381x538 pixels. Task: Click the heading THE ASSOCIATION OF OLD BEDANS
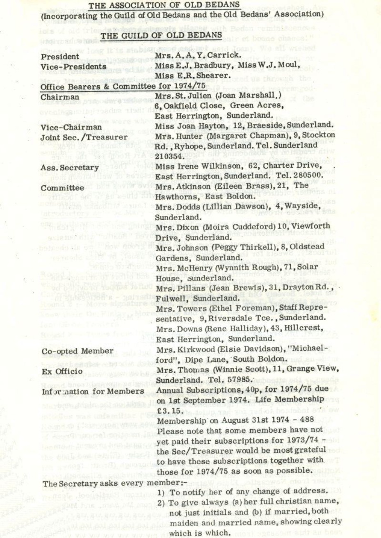(x=164, y=5)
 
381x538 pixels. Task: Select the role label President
(x=60, y=57)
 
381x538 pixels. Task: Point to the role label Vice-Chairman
(x=71, y=127)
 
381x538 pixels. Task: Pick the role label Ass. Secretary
(x=70, y=167)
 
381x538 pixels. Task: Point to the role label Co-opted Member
(x=77, y=351)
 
